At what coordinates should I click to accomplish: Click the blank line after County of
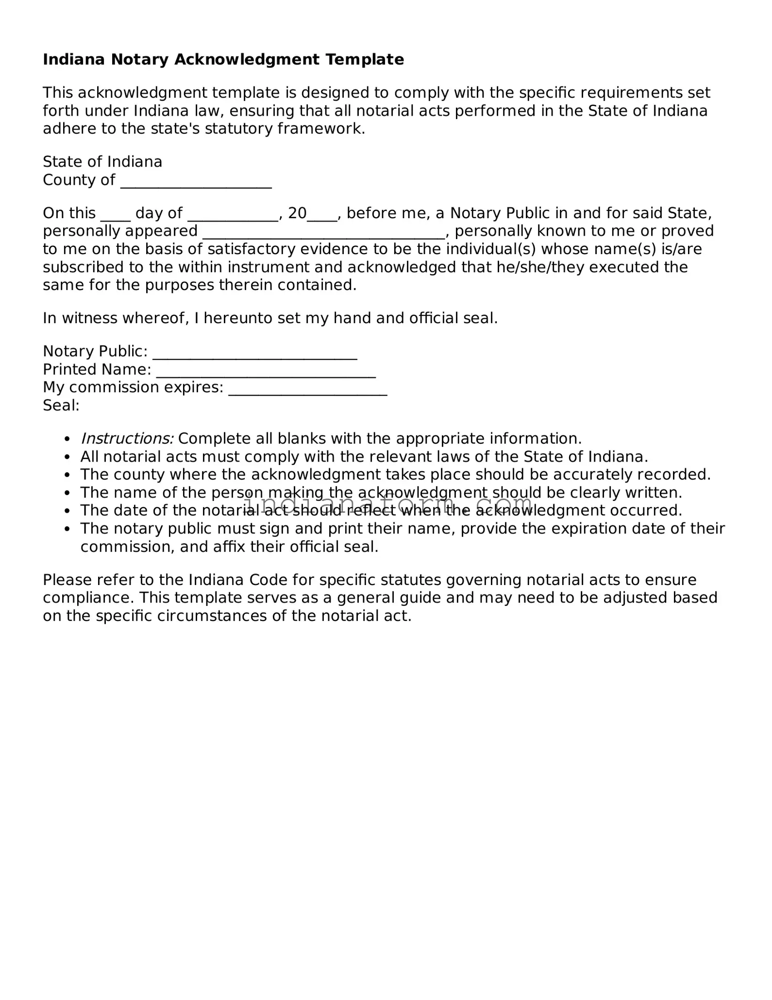[x=196, y=184]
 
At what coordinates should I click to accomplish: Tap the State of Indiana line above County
[x=102, y=162]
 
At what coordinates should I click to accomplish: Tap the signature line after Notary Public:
[x=255, y=355]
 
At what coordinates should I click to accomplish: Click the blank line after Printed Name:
[x=266, y=374]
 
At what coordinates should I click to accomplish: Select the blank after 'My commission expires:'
[x=308, y=392]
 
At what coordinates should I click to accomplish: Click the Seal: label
[x=61, y=405]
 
